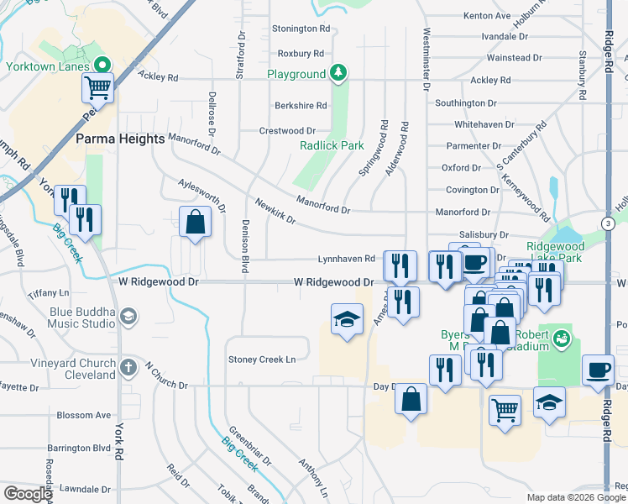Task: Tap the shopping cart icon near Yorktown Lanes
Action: click(x=98, y=87)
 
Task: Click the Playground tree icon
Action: click(x=338, y=74)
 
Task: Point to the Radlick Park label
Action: click(x=332, y=144)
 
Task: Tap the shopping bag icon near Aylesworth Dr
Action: click(x=195, y=223)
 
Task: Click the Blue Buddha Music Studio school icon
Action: click(x=128, y=316)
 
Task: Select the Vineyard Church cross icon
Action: click(x=128, y=367)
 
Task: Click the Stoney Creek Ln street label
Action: click(x=263, y=360)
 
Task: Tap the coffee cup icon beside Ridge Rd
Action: click(x=598, y=370)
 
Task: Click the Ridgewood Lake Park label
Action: click(x=553, y=252)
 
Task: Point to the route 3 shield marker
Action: click(x=607, y=222)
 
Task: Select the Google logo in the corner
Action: click(x=28, y=494)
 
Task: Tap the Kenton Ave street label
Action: click(x=487, y=16)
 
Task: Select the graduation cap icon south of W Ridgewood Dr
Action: click(x=347, y=319)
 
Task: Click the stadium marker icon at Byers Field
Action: click(x=562, y=339)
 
